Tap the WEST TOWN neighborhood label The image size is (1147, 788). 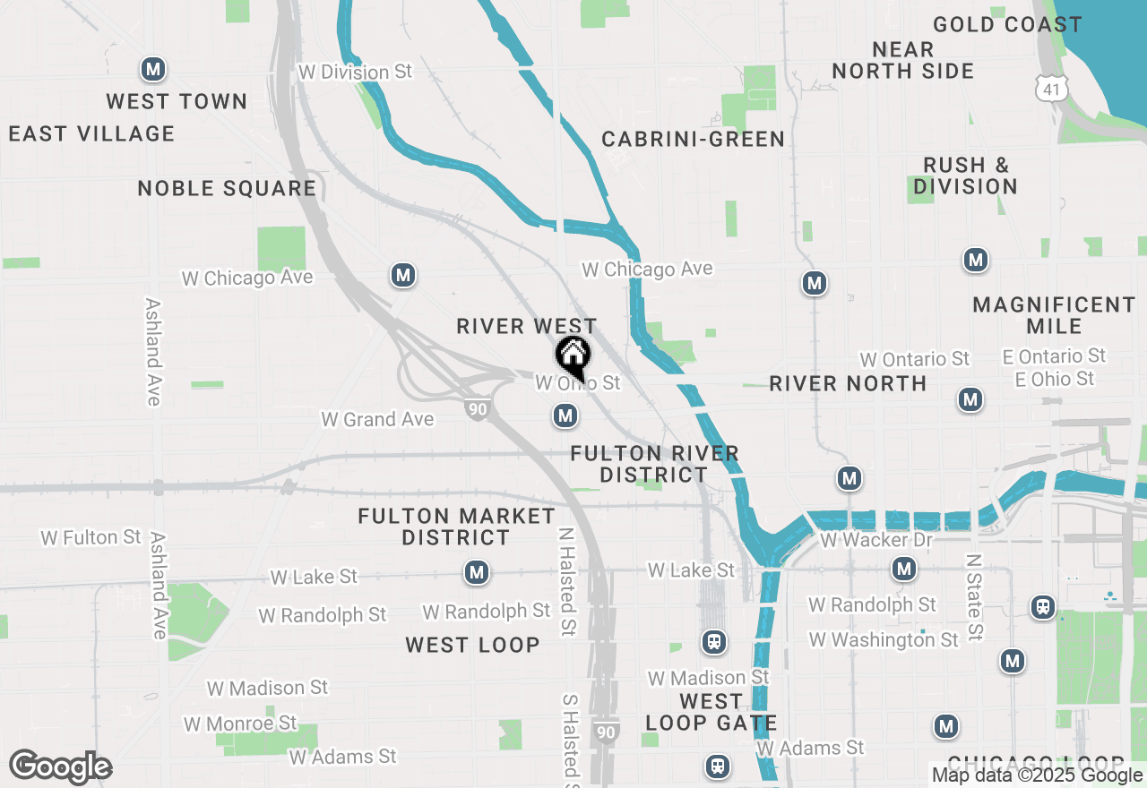tap(177, 101)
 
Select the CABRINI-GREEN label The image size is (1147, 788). tap(693, 139)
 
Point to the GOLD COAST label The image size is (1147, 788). tap(1007, 24)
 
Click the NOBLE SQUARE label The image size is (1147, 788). tap(227, 188)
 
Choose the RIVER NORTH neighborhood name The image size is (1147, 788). tap(848, 383)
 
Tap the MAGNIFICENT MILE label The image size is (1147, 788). tap(1054, 315)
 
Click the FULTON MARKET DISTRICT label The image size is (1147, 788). tap(456, 527)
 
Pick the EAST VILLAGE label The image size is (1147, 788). tap(91, 133)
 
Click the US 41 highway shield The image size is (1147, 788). tap(1050, 88)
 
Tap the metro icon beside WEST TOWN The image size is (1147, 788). tap(153, 68)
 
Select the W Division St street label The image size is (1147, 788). tap(355, 72)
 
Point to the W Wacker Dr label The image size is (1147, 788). tap(875, 540)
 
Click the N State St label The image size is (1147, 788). tap(974, 596)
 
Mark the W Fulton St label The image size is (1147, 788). tap(91, 537)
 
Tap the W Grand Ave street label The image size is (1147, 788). tap(377, 419)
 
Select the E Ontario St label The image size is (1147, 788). tap(1054, 356)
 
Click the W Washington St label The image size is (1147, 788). tap(883, 639)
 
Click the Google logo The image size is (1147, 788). tap(59, 767)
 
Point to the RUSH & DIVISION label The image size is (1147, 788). tap(965, 176)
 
